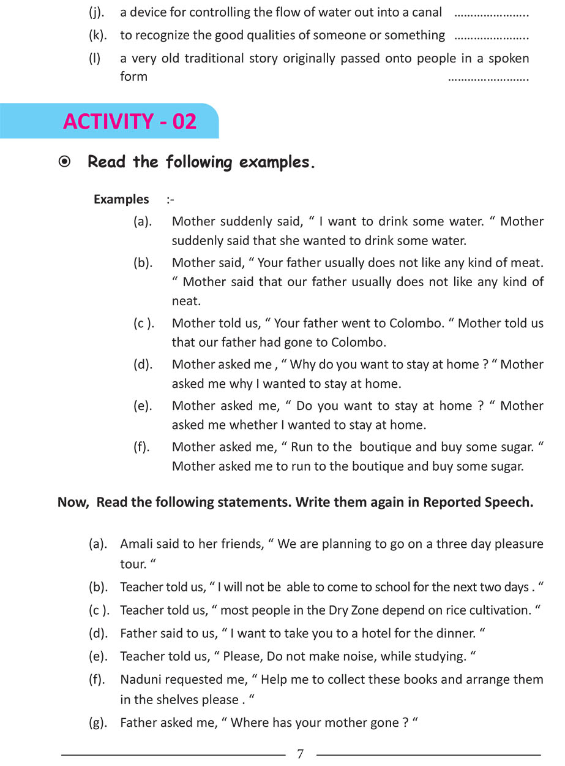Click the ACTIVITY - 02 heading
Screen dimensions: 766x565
[x=130, y=121]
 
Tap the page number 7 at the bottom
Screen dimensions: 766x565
[x=300, y=754]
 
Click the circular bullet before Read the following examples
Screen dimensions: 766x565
[x=64, y=162]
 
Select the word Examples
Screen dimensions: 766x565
[x=121, y=199]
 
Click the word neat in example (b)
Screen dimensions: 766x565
[x=185, y=301]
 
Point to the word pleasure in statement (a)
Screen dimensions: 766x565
[x=515, y=544]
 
